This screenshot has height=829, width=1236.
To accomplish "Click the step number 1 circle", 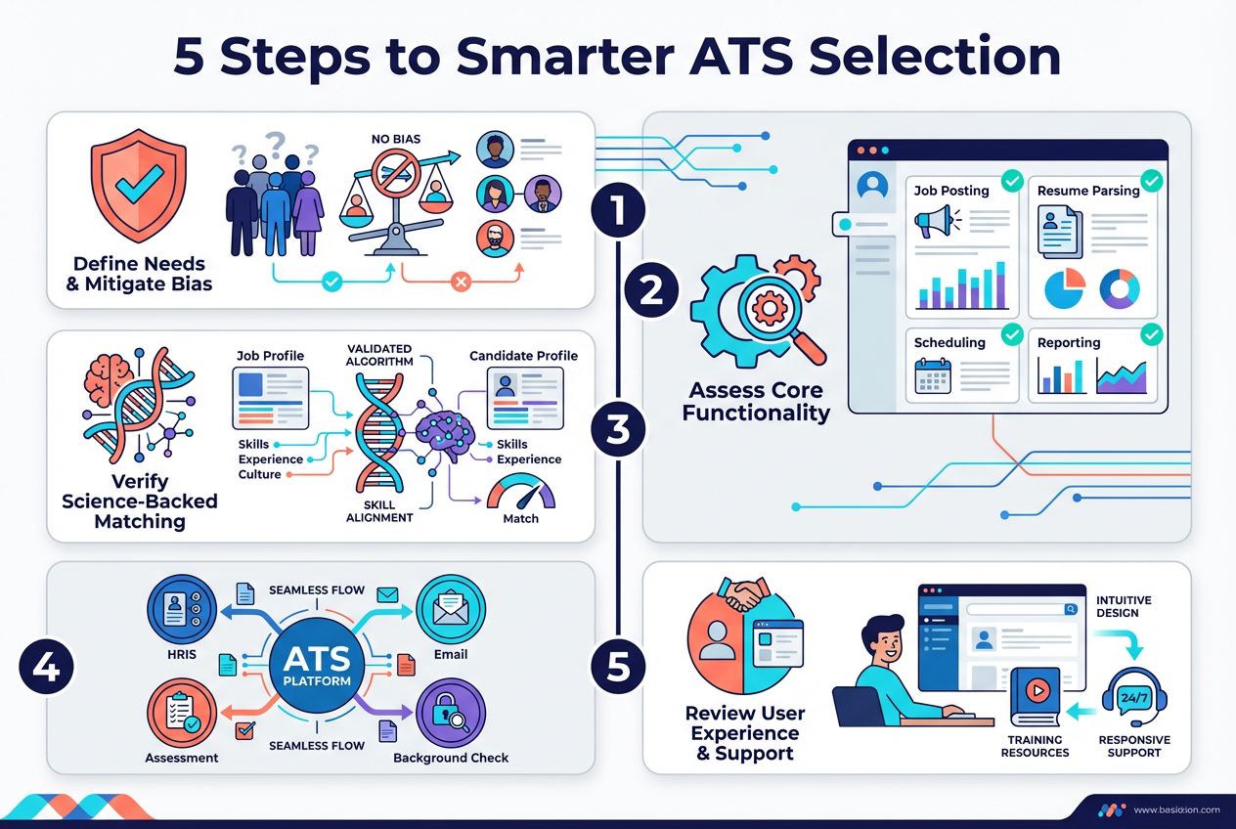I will click(618, 210).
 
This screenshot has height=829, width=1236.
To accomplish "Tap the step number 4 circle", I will click(46, 668).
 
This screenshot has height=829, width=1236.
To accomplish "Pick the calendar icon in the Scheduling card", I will click(933, 375).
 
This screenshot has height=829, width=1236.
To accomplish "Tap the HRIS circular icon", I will click(181, 609).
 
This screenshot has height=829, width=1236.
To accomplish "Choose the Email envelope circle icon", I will click(451, 609).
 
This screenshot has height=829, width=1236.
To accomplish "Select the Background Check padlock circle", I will click(451, 714).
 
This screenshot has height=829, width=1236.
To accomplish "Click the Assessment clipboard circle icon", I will click(181, 714).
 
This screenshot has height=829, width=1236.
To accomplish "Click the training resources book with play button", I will click(1036, 697).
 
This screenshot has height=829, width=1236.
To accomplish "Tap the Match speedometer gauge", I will click(520, 491).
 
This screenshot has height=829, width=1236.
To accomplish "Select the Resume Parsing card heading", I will click(1088, 191).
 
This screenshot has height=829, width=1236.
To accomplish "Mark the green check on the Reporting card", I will click(1153, 335).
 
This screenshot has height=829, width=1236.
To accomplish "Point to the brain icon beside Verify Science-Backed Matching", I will click(108, 377).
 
